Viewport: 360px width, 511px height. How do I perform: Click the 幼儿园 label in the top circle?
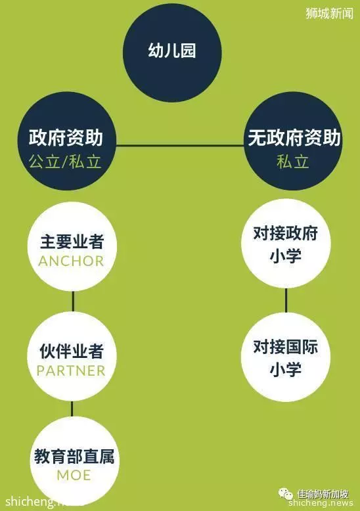point(172,51)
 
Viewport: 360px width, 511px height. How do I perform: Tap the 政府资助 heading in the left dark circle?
point(66,137)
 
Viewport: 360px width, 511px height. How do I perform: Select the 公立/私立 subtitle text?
point(65,162)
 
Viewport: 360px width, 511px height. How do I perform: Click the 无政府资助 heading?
point(294,137)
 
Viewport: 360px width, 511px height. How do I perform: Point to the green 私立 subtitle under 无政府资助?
point(293,162)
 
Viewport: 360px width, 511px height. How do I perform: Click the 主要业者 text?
point(72,242)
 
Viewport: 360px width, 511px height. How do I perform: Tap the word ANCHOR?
point(72,261)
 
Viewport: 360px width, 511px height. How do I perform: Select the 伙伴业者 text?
point(72,351)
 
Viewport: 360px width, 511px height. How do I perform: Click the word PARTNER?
point(71,371)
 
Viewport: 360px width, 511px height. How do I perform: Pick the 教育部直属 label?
point(74,456)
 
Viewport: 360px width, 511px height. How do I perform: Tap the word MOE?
point(74,476)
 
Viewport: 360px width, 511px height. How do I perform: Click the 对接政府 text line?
point(286,234)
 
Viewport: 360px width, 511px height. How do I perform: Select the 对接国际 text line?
point(286,347)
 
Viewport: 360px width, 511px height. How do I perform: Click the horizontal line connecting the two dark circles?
point(180,145)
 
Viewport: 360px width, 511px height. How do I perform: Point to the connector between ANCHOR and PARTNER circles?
point(73,301)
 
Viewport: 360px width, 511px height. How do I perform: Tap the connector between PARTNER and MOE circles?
point(72,409)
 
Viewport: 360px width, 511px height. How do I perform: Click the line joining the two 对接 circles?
point(286,300)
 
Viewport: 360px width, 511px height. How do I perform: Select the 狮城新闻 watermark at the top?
point(330,13)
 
